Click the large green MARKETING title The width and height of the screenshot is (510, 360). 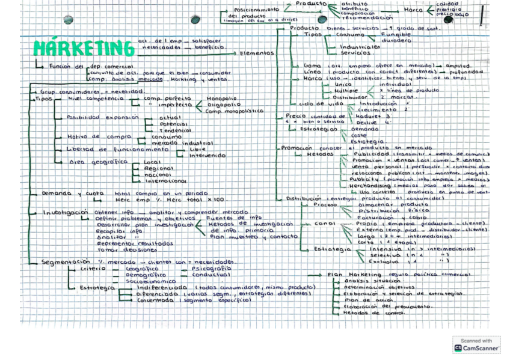84,47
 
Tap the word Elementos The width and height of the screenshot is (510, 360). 256,53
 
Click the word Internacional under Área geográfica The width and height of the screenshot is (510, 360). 165,163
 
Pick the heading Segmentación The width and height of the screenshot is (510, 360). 66,262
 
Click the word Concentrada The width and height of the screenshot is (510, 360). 155,301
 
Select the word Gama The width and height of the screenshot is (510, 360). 312,65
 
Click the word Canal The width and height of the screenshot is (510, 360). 324,224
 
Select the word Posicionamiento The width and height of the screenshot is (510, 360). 257,10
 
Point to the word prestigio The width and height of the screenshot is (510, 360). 449,9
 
